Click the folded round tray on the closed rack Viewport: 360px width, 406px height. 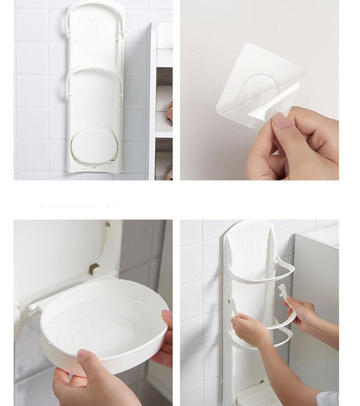95,144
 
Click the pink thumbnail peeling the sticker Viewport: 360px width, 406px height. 281,120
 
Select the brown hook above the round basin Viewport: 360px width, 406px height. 94,268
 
